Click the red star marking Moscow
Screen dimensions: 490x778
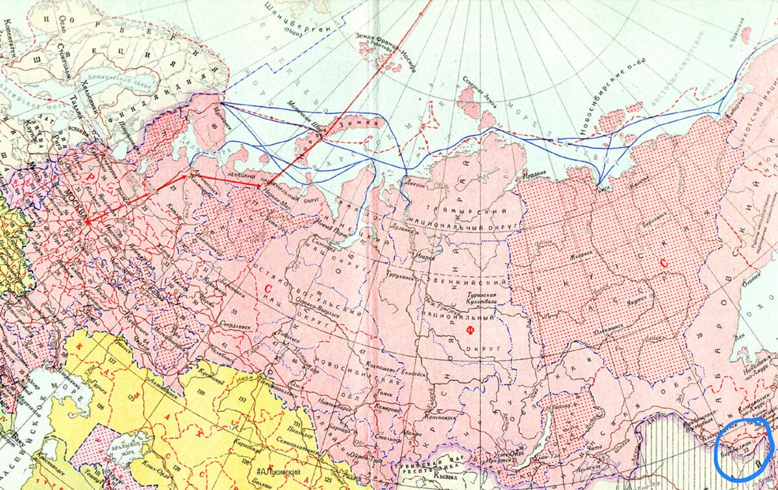[x=88, y=222]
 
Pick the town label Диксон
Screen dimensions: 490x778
[x=417, y=184]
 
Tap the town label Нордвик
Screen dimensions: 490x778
[x=536, y=175]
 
